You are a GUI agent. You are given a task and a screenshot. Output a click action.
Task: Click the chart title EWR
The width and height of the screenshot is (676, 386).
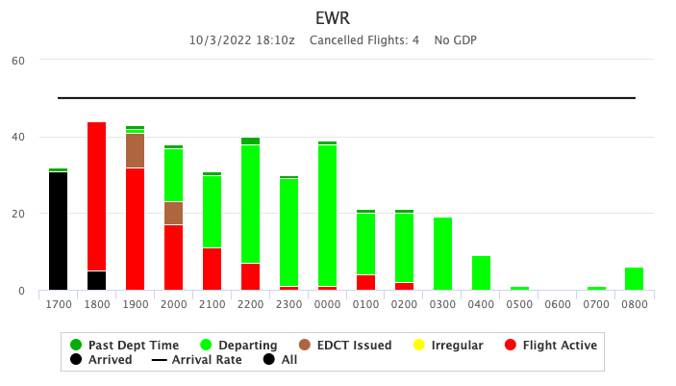pyautogui.click(x=338, y=18)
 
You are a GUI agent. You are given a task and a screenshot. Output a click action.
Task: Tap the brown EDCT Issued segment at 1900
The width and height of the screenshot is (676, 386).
pyautogui.click(x=136, y=150)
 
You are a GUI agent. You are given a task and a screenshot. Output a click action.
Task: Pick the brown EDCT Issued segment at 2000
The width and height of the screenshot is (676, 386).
pyautogui.click(x=173, y=213)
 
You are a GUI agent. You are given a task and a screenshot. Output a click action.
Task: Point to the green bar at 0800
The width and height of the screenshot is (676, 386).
pyautogui.click(x=635, y=278)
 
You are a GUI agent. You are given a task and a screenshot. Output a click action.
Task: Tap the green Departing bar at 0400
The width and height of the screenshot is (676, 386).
pyautogui.click(x=481, y=272)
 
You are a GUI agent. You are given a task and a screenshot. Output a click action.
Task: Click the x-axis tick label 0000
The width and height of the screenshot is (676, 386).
pyautogui.click(x=327, y=305)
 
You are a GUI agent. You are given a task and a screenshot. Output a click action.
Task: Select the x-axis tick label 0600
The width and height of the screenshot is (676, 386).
pyautogui.click(x=558, y=305)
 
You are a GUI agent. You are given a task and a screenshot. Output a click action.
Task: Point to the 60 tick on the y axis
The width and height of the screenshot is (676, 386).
pyautogui.click(x=18, y=60)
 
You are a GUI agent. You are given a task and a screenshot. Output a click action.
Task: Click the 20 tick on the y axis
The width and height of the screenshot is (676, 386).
pyautogui.click(x=18, y=214)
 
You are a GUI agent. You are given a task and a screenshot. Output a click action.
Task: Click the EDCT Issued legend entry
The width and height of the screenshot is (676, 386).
pyautogui.click(x=345, y=345)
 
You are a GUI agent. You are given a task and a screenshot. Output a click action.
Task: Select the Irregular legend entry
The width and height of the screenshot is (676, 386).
pyautogui.click(x=450, y=345)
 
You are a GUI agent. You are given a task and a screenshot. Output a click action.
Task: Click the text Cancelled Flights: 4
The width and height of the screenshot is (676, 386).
pyautogui.click(x=363, y=40)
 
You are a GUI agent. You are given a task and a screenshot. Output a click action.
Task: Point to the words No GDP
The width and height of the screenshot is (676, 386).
pyautogui.click(x=455, y=40)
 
